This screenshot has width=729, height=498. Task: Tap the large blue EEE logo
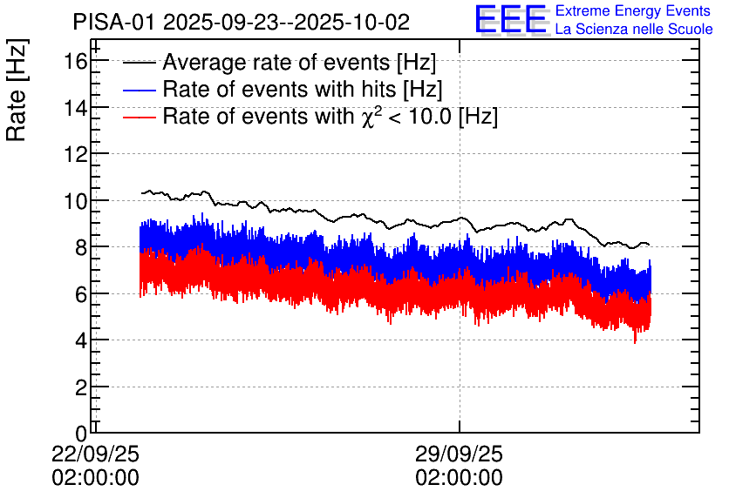pos(511,20)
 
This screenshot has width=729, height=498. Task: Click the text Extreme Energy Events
pos(633,11)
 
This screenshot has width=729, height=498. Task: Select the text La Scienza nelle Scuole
pos(633,30)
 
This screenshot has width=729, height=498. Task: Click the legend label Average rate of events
pos(299,64)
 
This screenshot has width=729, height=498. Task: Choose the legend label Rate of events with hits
pos(303,90)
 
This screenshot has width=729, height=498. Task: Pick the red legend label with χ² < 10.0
pos(330,117)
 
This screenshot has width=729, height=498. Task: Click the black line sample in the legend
pos(140,64)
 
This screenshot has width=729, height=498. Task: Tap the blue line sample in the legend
pos(140,90)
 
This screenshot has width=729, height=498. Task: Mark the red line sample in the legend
pos(140,117)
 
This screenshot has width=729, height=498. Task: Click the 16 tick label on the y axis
pos(75,61)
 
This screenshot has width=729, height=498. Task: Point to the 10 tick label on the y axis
pos(75,201)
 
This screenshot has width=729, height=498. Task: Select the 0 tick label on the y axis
pos(80,433)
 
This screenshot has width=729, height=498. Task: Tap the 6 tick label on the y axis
pos(80,294)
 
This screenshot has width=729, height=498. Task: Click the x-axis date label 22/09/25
pos(95,454)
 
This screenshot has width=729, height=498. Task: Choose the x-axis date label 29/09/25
pos(459,454)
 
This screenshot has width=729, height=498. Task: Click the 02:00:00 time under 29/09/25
pos(459,478)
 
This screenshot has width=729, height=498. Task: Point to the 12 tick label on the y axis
pos(75,154)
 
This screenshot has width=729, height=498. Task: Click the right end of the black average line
pos(649,245)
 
